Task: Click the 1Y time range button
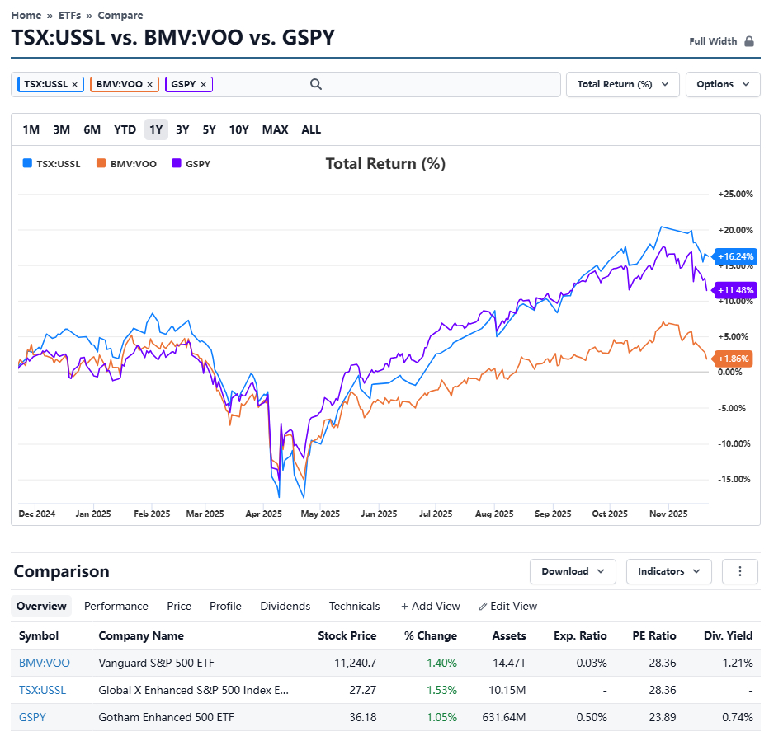coord(156,129)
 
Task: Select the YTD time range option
coord(125,129)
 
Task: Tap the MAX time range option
coord(275,129)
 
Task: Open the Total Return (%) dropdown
coord(622,84)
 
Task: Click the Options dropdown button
coord(723,84)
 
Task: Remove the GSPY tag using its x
coord(203,84)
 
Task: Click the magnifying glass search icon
coord(315,84)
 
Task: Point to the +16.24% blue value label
coord(736,256)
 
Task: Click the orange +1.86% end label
coord(734,359)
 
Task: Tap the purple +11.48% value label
coord(736,290)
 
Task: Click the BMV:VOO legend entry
coord(125,164)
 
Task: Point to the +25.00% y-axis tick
coord(735,194)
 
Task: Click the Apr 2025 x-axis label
coord(264,514)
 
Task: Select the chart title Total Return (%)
coord(385,164)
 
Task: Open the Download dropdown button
coord(573,571)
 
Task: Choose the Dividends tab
coord(285,606)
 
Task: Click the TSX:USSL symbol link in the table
coord(42,690)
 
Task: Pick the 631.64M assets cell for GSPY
coord(503,717)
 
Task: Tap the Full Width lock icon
coord(749,41)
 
